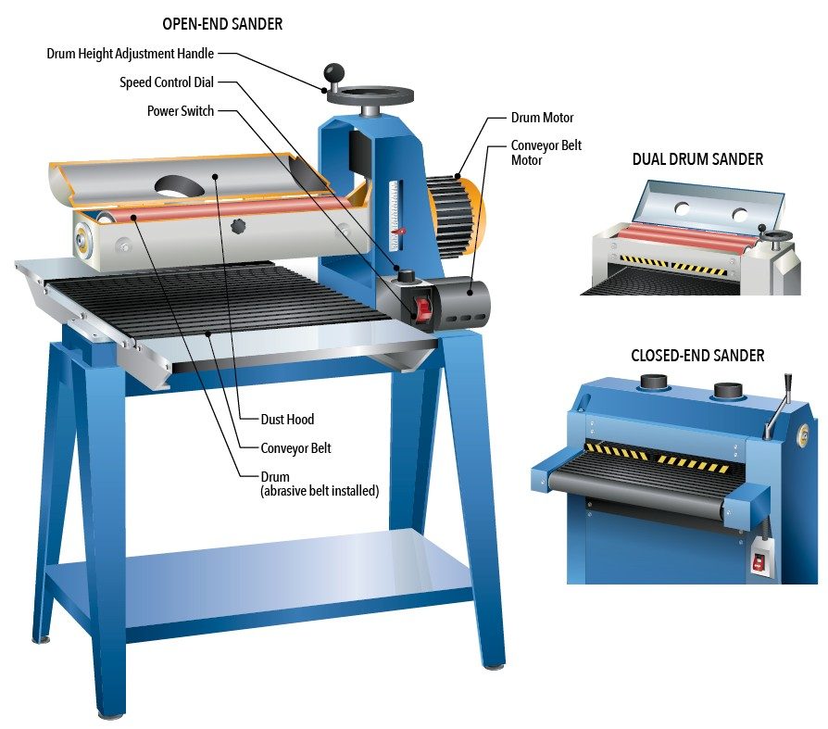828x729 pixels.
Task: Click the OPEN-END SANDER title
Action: click(x=222, y=24)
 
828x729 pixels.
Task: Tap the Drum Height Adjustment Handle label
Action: click(x=130, y=54)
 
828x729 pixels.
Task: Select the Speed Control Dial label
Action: click(x=167, y=82)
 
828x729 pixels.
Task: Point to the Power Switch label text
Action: click(x=181, y=111)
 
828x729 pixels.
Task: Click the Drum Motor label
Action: click(x=542, y=118)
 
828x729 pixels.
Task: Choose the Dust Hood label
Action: click(x=287, y=420)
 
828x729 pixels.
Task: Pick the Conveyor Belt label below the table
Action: click(x=295, y=448)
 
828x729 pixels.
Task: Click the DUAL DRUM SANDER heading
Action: click(x=697, y=159)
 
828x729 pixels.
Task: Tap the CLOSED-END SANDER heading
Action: click(x=697, y=356)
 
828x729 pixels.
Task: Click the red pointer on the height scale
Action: click(x=400, y=231)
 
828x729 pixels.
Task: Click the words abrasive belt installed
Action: click(x=320, y=491)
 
